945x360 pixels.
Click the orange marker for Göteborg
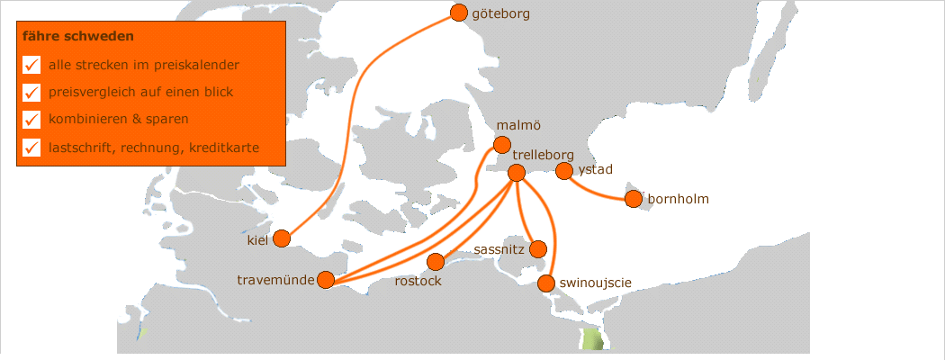[459, 13]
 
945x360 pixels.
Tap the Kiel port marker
[282, 238]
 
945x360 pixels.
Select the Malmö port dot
[502, 145]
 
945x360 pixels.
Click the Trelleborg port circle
[517, 173]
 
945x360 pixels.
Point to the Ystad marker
[564, 171]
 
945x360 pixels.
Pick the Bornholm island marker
[634, 199]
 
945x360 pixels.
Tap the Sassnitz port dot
[538, 248]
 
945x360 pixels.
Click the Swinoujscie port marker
[545, 284]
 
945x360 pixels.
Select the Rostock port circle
[436, 262]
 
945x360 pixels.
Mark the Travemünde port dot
[326, 280]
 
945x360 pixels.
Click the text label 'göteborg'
[500, 13]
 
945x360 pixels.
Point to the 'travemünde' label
[275, 280]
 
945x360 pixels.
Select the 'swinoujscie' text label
[595, 283]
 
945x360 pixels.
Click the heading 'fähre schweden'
[79, 37]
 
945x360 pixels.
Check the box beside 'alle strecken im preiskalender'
[31, 65]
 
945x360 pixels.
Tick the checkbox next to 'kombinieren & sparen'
[31, 120]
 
